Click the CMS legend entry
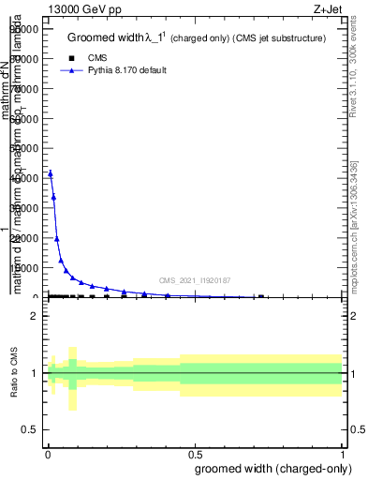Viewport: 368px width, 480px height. [96, 58]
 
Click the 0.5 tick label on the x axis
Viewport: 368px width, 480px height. [196, 452]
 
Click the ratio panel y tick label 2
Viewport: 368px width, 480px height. [34, 317]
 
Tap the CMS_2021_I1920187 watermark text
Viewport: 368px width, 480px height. [194, 279]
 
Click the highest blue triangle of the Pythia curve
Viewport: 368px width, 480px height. [51, 173]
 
